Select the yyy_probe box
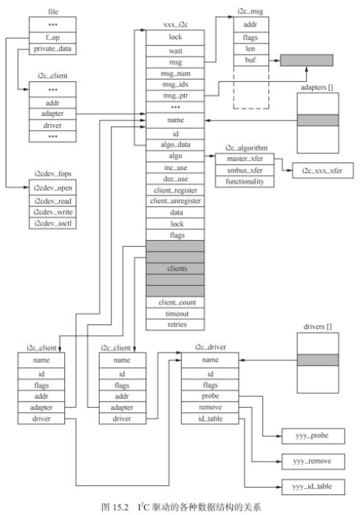(x=310, y=437)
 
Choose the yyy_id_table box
(x=310, y=486)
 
